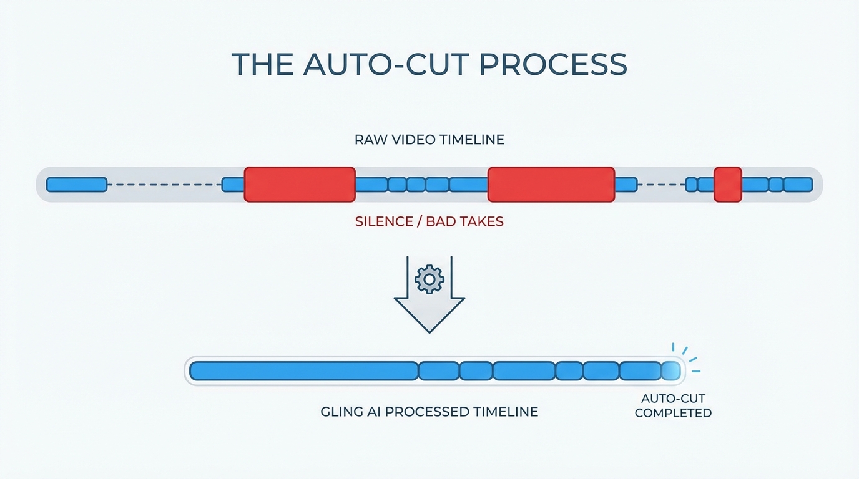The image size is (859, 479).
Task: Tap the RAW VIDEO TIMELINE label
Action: (x=429, y=140)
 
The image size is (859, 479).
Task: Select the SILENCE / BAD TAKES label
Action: (x=429, y=221)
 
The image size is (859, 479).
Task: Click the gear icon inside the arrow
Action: (x=429, y=279)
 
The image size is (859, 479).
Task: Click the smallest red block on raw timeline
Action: (x=727, y=185)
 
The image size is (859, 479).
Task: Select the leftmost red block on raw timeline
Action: (x=300, y=185)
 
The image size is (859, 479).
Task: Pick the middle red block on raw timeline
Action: (x=551, y=185)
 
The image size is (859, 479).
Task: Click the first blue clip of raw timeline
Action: (x=77, y=185)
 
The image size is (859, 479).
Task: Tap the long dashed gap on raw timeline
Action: (x=164, y=185)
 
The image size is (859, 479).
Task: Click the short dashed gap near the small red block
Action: (x=661, y=185)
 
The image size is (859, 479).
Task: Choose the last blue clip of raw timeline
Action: (x=798, y=185)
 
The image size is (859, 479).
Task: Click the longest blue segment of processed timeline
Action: (x=303, y=371)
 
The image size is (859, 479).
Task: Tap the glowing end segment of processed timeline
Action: (x=671, y=371)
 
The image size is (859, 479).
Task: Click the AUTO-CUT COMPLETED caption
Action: (x=673, y=405)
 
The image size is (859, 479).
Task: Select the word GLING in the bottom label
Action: (x=341, y=412)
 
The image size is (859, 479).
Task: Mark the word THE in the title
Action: (x=262, y=64)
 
